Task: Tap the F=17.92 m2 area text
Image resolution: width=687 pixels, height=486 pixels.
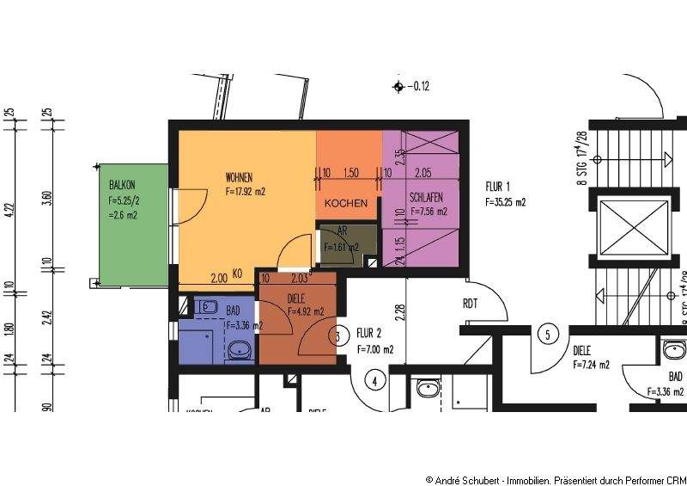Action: click(245, 192)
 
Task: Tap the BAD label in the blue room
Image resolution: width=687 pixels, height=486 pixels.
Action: click(234, 311)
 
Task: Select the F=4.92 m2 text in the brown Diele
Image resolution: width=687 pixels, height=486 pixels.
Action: click(306, 312)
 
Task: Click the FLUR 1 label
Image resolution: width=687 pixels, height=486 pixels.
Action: click(498, 187)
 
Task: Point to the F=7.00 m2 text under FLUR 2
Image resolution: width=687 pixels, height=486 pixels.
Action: click(375, 349)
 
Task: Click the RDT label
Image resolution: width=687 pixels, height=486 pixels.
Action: click(470, 303)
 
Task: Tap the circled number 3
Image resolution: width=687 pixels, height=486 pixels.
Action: click(339, 335)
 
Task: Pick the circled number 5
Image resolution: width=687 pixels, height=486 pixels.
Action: click(544, 334)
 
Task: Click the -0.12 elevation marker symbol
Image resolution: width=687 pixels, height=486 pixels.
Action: click(398, 86)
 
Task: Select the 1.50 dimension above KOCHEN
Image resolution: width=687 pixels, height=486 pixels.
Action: click(350, 172)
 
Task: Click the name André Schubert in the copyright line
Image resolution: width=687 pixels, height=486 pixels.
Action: click(465, 478)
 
